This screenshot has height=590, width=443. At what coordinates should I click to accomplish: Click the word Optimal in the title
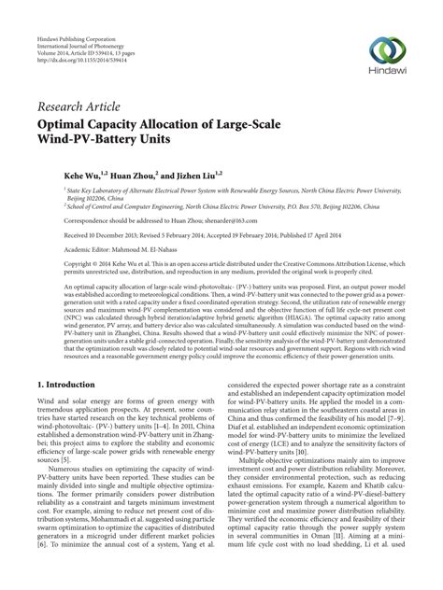tap(72, 120)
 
